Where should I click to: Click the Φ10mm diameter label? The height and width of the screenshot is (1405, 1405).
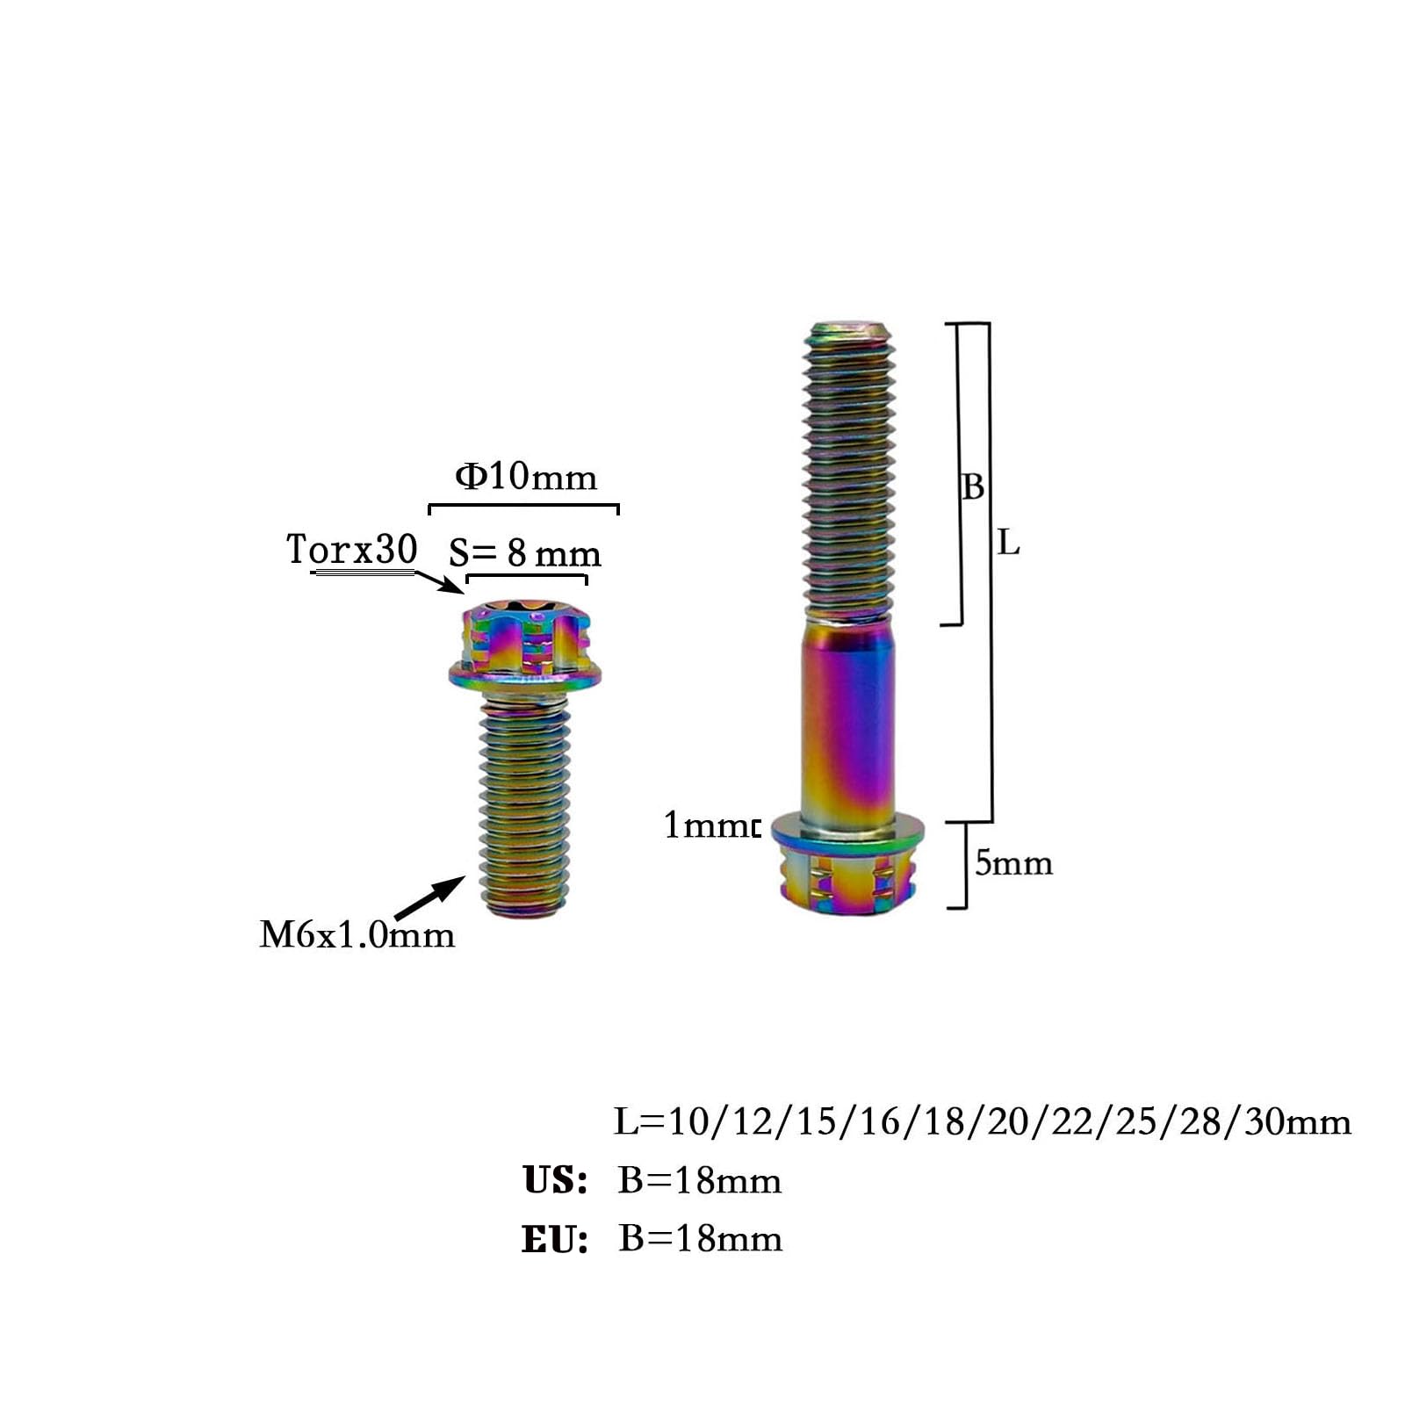point(526,476)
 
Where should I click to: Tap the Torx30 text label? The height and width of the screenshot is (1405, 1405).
point(351,549)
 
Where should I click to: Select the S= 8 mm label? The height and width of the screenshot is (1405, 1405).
point(524,553)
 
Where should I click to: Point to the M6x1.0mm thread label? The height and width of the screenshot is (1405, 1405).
point(357,934)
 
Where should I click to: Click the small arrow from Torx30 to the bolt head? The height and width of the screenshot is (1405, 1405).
point(438,582)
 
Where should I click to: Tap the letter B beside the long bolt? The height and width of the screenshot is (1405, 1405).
point(973,486)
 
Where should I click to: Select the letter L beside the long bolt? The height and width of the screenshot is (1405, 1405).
point(1008,544)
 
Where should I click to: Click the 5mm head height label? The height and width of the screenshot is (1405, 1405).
point(1013,862)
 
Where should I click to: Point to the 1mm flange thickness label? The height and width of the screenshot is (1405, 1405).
point(710,825)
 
